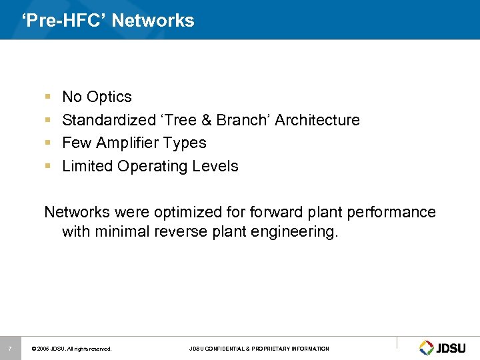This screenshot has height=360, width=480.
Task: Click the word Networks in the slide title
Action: pyautogui.click(x=153, y=21)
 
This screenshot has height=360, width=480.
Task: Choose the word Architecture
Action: pyautogui.click(x=317, y=120)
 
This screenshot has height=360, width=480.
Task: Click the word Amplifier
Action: pyautogui.click(x=127, y=143)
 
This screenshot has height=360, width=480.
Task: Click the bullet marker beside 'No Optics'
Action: pyautogui.click(x=48, y=97)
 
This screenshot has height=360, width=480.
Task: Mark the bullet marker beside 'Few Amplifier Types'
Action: pyautogui.click(x=48, y=143)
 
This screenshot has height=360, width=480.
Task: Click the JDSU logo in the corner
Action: pyautogui.click(x=444, y=347)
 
